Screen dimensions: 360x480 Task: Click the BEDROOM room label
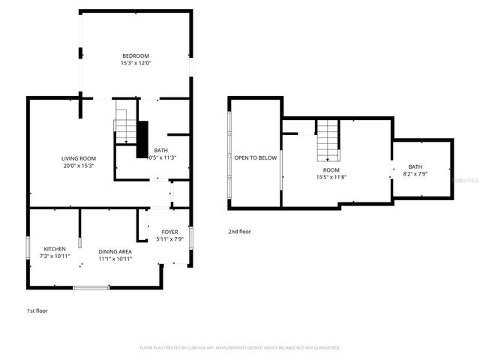pyautogui.click(x=136, y=56)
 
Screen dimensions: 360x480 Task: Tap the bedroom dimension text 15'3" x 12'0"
pyautogui.click(x=136, y=64)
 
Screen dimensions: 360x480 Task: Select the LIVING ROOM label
pyautogui.click(x=79, y=158)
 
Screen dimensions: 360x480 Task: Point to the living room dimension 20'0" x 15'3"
pyautogui.click(x=79, y=166)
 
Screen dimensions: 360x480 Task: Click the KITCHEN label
pyautogui.click(x=54, y=249)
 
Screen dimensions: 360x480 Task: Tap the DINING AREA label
pyautogui.click(x=115, y=251)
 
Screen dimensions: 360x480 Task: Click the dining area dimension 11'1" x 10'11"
pyautogui.click(x=115, y=259)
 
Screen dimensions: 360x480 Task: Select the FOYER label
pyautogui.click(x=169, y=232)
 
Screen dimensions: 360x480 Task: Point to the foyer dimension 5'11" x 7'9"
pyautogui.click(x=169, y=240)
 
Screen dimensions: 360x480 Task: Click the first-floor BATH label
pyautogui.click(x=161, y=150)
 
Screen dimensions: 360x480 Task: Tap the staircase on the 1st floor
pyautogui.click(x=123, y=125)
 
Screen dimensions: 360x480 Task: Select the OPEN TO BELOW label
pyautogui.click(x=256, y=157)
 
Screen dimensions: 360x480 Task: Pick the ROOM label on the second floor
pyautogui.click(x=331, y=170)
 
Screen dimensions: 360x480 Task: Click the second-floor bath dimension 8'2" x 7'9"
pyautogui.click(x=415, y=174)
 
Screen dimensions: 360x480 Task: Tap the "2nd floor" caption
pyautogui.click(x=240, y=232)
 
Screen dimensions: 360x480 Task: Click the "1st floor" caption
pyautogui.click(x=37, y=310)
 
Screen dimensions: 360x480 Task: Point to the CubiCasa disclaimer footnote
pyautogui.click(x=240, y=348)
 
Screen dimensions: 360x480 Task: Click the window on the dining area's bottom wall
pyautogui.click(x=91, y=287)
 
